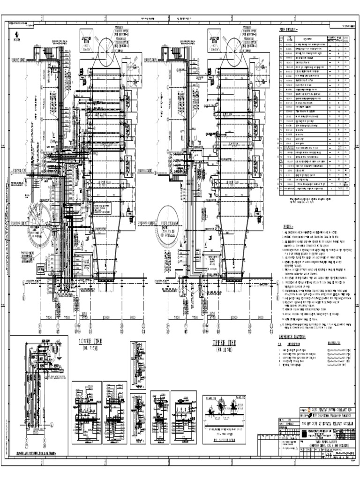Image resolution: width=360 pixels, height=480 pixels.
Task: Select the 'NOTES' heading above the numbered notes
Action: click(x=288, y=226)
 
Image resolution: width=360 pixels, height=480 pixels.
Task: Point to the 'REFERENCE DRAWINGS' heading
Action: click(x=296, y=336)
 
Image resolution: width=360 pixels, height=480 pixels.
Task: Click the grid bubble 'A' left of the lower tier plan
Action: click(x=23, y=282)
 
